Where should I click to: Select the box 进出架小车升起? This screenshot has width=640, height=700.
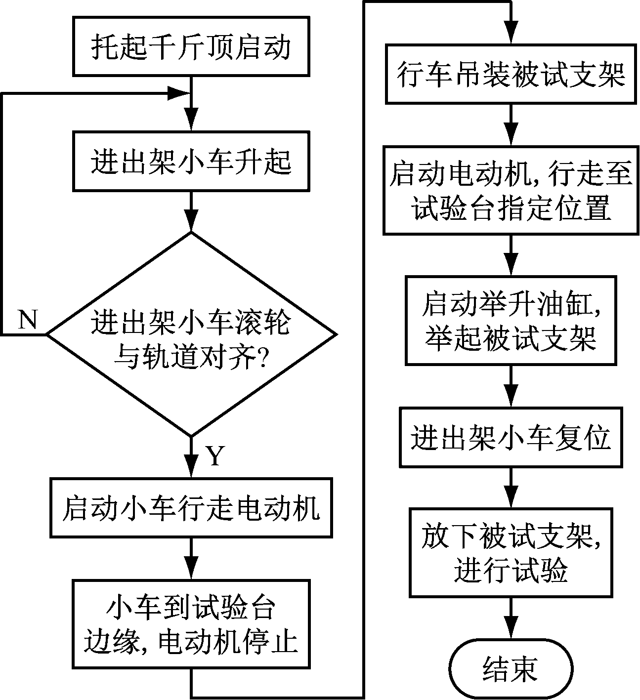point(191,161)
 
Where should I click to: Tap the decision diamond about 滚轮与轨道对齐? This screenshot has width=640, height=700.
point(191,334)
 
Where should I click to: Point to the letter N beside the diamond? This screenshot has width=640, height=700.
point(28,320)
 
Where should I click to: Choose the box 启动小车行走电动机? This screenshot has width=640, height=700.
point(191,508)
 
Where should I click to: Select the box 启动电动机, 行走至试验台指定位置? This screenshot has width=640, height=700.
point(511,190)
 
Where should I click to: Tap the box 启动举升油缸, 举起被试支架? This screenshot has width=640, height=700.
point(511,321)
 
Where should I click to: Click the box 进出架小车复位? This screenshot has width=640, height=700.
point(511,437)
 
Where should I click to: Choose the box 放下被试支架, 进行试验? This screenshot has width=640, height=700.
point(511,553)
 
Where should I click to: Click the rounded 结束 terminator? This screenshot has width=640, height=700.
point(511,669)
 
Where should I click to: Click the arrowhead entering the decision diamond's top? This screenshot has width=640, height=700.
point(191,223)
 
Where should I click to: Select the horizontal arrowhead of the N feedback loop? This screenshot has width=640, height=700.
point(180,92)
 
